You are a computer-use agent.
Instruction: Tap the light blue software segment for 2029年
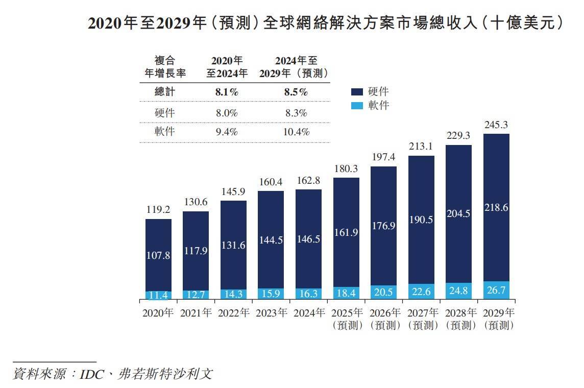[x=496, y=289]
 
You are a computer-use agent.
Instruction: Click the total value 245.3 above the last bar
[x=496, y=125]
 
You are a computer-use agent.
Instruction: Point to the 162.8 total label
[x=308, y=181]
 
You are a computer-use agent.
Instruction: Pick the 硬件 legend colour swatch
[x=357, y=92]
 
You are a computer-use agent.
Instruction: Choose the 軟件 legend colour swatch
[x=357, y=106]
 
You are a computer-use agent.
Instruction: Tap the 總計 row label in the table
[x=164, y=92]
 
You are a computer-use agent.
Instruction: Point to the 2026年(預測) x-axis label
[x=383, y=319]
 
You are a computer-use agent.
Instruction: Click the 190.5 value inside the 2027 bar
[x=421, y=220]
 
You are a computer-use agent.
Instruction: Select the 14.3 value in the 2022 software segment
[x=233, y=295]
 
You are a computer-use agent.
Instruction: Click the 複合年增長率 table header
[x=164, y=67]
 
